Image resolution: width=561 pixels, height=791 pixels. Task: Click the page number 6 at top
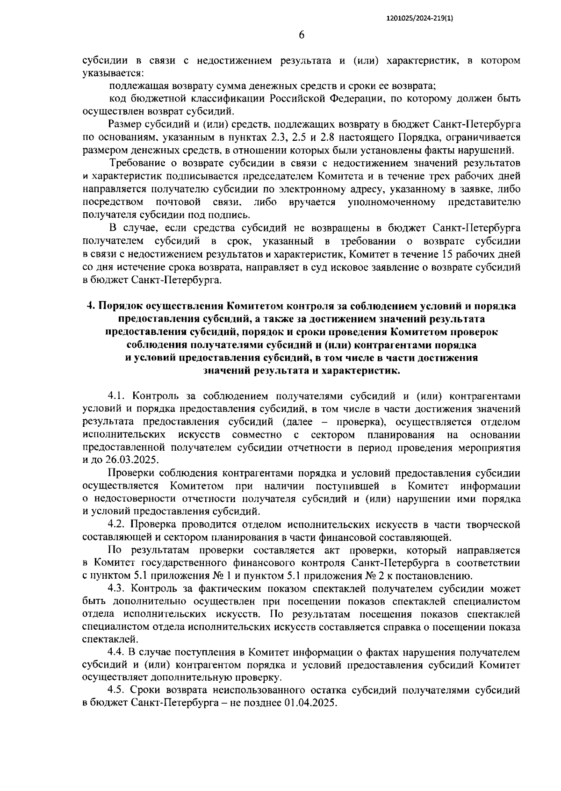click(301, 35)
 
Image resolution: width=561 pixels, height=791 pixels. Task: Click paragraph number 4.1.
click(117, 396)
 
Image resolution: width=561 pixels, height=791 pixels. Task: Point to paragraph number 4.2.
click(117, 524)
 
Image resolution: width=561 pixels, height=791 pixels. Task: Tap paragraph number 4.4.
click(117, 652)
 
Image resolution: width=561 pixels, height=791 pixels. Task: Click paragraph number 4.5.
click(117, 690)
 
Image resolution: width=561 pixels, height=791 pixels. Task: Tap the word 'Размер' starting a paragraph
click(123, 125)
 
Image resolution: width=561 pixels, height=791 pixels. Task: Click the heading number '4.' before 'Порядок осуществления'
click(91, 306)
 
